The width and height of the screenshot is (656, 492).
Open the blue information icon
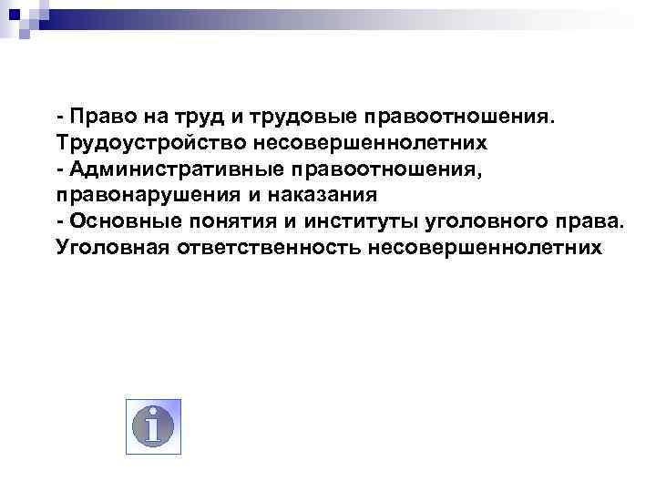coord(154,426)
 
